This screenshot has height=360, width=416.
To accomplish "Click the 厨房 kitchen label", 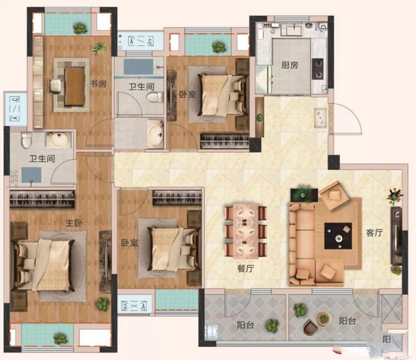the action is [290, 65].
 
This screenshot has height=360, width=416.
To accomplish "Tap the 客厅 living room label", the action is [374, 233].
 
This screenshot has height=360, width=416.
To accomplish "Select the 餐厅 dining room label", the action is [245, 269].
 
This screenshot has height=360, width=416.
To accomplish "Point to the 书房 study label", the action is [98, 84].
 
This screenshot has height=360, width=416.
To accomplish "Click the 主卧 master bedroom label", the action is [74, 223].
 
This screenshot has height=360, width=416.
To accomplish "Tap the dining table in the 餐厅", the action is [245, 231].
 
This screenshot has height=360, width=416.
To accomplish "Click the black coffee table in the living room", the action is [338, 236].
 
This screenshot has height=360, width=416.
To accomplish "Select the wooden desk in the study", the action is [75, 87].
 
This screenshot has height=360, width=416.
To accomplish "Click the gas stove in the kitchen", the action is [318, 69].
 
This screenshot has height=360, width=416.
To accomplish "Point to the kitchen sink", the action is [294, 30].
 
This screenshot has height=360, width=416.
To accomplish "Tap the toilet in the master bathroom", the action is [27, 140].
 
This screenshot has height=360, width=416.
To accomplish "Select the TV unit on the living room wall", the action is [396, 236].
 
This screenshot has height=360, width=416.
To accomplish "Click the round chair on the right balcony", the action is [310, 327].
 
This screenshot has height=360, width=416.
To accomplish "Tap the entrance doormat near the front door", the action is [320, 118].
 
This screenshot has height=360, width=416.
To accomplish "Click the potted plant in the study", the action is [99, 48].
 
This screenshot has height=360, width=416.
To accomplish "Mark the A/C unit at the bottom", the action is [134, 306].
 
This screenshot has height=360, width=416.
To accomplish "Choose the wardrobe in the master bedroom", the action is [42, 199].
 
